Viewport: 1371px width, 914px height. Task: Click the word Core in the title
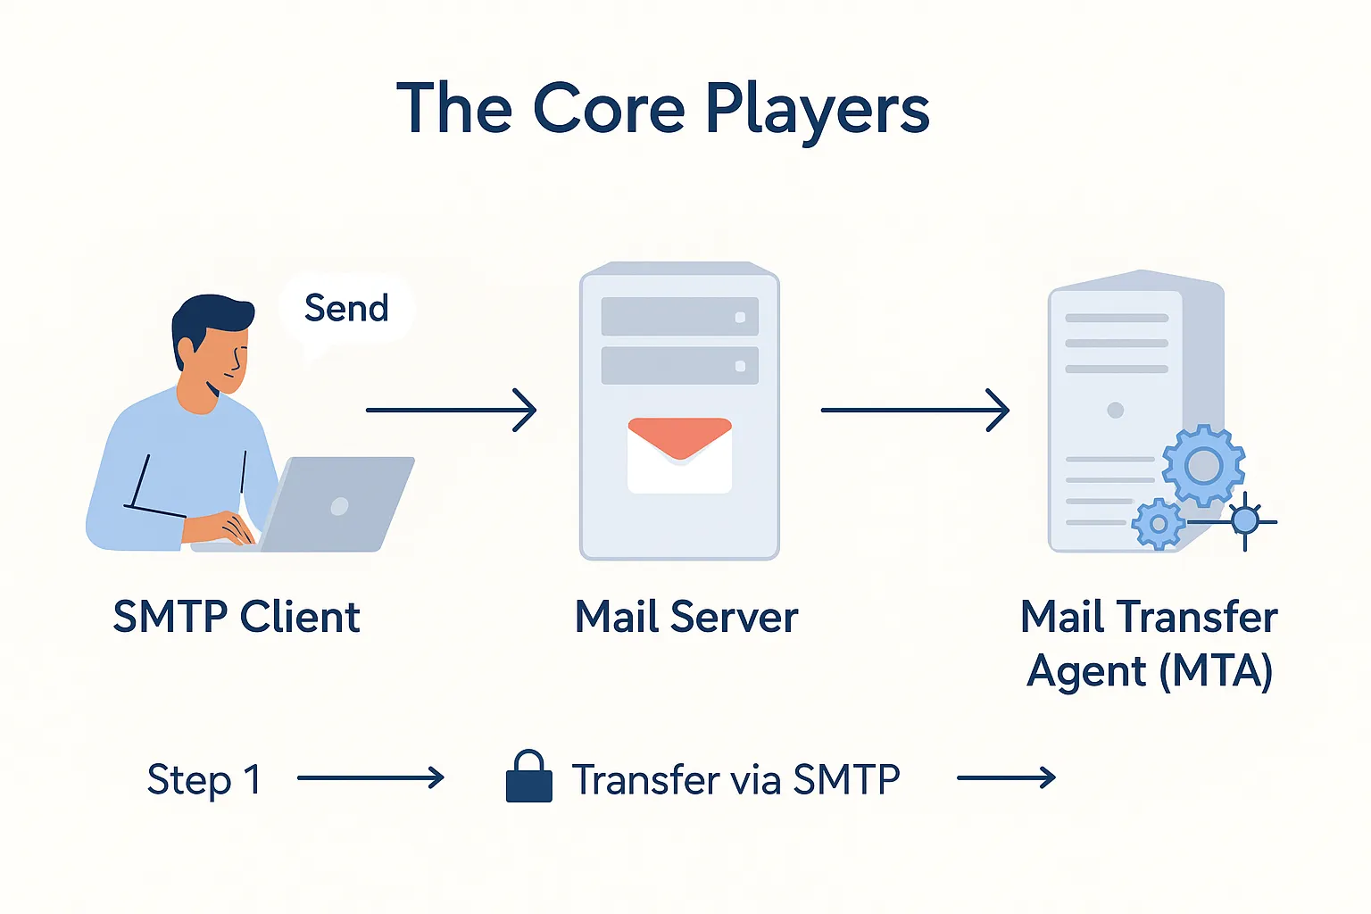(609, 109)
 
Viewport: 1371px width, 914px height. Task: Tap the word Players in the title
(817, 111)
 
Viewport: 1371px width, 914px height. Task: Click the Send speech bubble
(346, 309)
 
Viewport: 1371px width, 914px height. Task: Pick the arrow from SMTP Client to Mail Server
(451, 410)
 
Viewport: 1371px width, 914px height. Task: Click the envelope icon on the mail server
(679, 454)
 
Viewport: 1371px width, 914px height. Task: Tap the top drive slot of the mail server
(679, 317)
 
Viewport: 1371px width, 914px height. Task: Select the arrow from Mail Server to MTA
(914, 410)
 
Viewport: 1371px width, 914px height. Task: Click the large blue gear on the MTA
(1203, 465)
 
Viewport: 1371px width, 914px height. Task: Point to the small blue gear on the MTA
(1158, 524)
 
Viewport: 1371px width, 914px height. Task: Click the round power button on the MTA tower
(1115, 411)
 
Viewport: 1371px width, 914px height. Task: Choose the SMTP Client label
(237, 617)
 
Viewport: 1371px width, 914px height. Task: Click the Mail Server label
(685, 617)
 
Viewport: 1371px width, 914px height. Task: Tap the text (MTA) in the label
(1216, 671)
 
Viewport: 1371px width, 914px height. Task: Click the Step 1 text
(204, 780)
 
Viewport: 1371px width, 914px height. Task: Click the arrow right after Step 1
(370, 778)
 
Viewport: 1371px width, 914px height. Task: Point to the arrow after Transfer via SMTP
(1006, 778)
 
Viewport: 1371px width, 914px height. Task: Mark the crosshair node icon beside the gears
(1244, 520)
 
